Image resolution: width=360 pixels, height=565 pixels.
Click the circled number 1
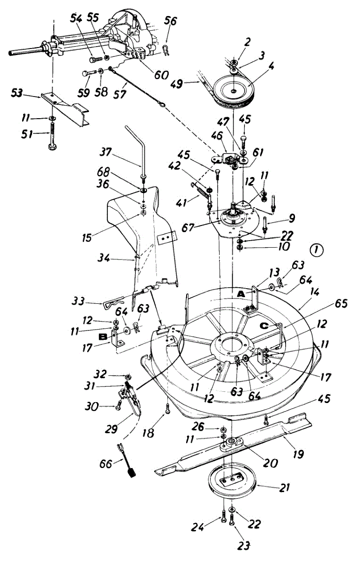(316, 250)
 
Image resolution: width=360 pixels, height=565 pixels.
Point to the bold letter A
(241, 294)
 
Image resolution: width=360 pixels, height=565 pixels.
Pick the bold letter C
(264, 326)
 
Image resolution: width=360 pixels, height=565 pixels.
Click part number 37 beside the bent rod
(106, 152)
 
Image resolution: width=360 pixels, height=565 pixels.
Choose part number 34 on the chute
(103, 258)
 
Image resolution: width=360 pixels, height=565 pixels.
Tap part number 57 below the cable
(119, 94)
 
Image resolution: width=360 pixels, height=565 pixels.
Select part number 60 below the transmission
(161, 75)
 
